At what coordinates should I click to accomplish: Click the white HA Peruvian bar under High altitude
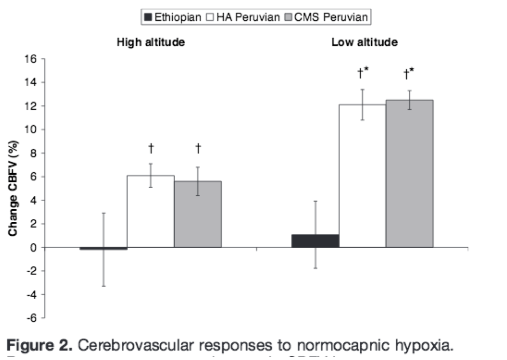pyautogui.click(x=150, y=211)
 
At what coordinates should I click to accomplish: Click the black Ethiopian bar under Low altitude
pyautogui.click(x=315, y=241)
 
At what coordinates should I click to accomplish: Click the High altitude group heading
pyautogui.click(x=151, y=42)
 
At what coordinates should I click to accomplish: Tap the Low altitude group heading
pyautogui.click(x=365, y=42)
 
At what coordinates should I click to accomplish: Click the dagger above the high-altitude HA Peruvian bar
pyautogui.click(x=151, y=148)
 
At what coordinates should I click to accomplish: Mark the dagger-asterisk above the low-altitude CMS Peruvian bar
pyautogui.click(x=409, y=73)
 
